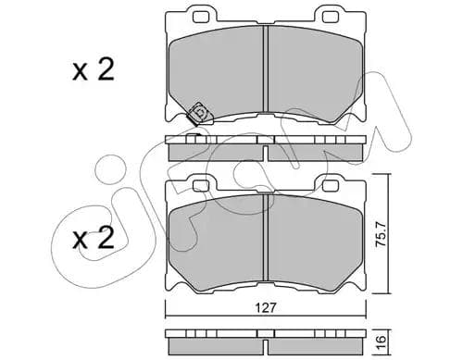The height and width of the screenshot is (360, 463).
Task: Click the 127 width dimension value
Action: (x=266, y=307)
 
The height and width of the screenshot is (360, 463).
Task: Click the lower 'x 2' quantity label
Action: (x=94, y=238)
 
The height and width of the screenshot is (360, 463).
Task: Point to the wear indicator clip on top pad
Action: (x=199, y=114)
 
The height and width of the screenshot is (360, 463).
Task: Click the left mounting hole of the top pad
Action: (x=200, y=18)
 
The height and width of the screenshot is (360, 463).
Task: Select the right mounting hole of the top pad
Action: (x=330, y=18)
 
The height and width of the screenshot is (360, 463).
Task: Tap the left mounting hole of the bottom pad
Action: (x=200, y=185)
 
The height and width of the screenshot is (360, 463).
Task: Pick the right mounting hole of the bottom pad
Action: (x=330, y=185)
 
